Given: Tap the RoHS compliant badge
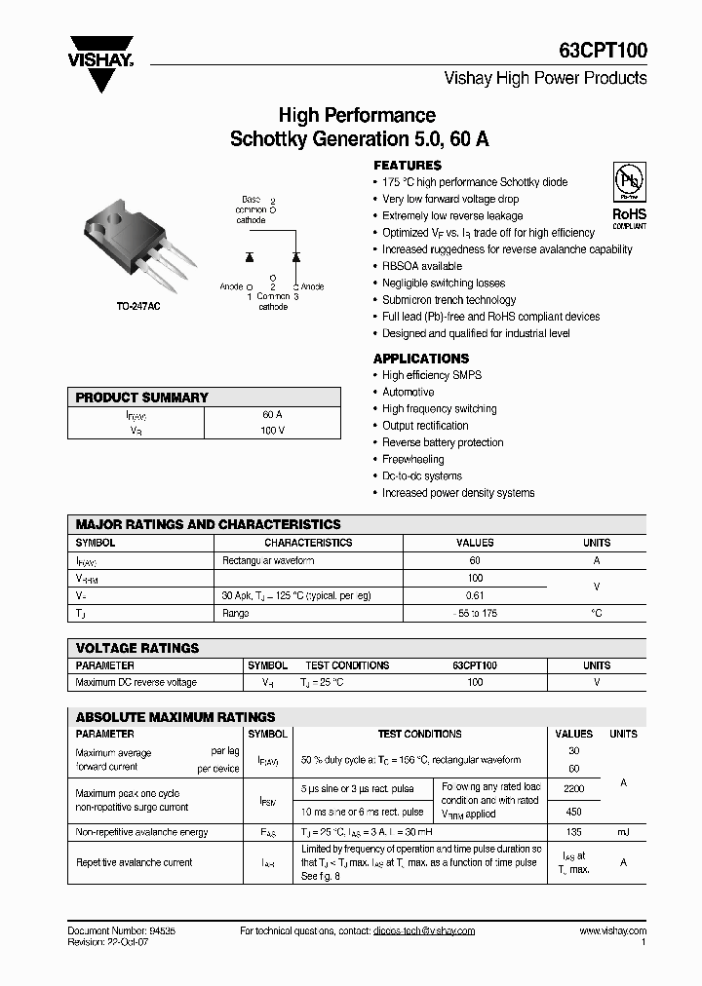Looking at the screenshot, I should click(629, 196).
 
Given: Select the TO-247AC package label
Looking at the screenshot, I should click(139, 305).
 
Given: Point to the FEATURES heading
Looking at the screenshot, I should click(408, 166).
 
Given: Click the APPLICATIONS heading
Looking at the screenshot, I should click(421, 359).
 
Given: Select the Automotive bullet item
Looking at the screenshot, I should click(408, 392).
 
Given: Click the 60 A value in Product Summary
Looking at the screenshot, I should click(273, 414).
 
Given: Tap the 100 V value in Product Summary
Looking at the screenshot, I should click(273, 430).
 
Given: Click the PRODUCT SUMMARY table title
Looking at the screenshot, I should click(142, 398).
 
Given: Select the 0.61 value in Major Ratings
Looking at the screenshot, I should click(475, 595).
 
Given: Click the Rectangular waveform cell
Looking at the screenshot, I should click(268, 560).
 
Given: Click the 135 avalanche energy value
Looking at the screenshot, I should click(573, 832).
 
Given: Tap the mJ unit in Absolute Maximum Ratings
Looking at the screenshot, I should click(623, 832).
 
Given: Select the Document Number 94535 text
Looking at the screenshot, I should click(122, 930).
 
